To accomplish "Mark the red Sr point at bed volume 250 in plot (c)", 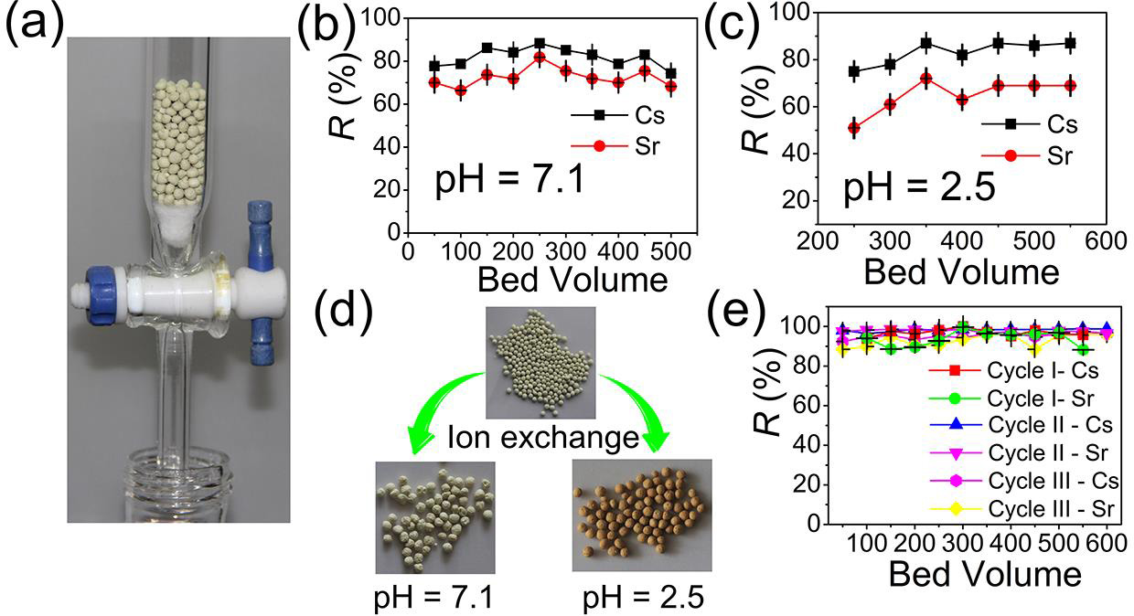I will pyautogui.click(x=854, y=128).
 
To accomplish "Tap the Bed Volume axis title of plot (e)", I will pyautogui.click(x=984, y=576).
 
